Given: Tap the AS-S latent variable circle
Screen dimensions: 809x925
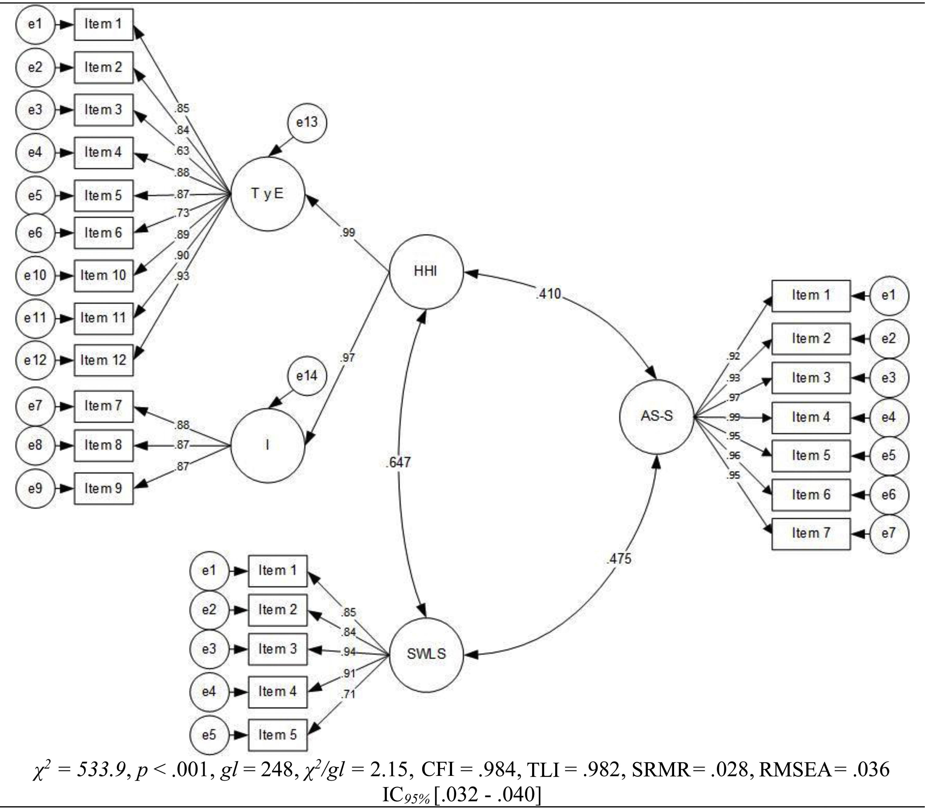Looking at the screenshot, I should coord(656,416).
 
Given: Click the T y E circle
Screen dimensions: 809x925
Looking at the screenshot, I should coord(268,194).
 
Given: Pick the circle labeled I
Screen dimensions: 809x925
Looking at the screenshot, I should coord(268,445).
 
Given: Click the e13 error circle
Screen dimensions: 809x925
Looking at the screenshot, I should coord(307,122).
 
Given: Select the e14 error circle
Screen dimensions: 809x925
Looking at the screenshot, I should coord(307,376).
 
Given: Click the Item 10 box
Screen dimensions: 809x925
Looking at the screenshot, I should coord(103,275).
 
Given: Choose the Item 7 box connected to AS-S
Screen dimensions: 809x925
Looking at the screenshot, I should coord(811,534).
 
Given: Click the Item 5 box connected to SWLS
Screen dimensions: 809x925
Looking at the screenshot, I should coord(278,734).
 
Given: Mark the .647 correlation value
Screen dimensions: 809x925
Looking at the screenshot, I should coord(399,462).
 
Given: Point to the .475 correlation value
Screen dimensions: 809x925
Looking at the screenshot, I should coord(619,559).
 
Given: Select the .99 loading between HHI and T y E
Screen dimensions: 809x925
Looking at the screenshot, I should coord(347,232).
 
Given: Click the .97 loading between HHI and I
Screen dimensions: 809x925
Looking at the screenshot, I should coord(347,358).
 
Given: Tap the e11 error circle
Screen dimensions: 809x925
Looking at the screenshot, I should coord(35,318).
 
